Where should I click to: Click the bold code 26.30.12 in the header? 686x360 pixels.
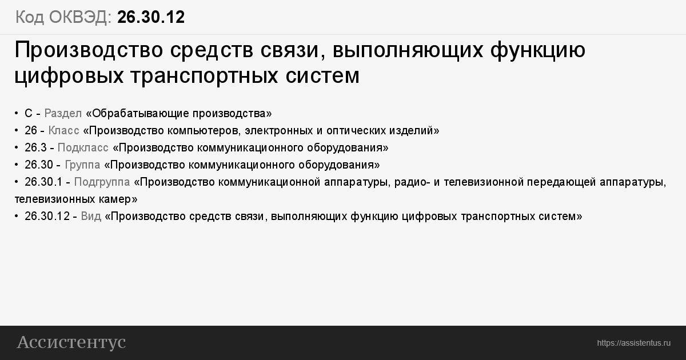pyautogui.click(x=151, y=17)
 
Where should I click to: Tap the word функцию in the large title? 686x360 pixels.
pyautogui.click(x=538, y=50)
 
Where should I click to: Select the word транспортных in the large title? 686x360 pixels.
pyautogui.click(x=204, y=75)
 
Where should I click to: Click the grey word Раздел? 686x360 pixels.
pyautogui.click(x=63, y=114)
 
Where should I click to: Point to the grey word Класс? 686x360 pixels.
pyautogui.click(x=63, y=131)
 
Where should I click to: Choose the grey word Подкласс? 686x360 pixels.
pyautogui.click(x=83, y=148)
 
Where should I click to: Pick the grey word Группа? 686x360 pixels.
pyautogui.click(x=82, y=165)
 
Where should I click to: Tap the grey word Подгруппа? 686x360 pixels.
pyautogui.click(x=102, y=182)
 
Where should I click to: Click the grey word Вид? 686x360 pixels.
pyautogui.click(x=91, y=217)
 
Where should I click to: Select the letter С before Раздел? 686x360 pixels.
pyautogui.click(x=29, y=114)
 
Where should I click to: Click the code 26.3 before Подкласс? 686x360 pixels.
pyautogui.click(x=35, y=148)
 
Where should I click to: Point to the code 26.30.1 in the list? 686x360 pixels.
pyautogui.click(x=43, y=182)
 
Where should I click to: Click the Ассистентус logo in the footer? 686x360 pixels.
pyautogui.click(x=71, y=342)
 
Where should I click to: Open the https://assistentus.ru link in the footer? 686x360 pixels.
pyautogui.click(x=633, y=343)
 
